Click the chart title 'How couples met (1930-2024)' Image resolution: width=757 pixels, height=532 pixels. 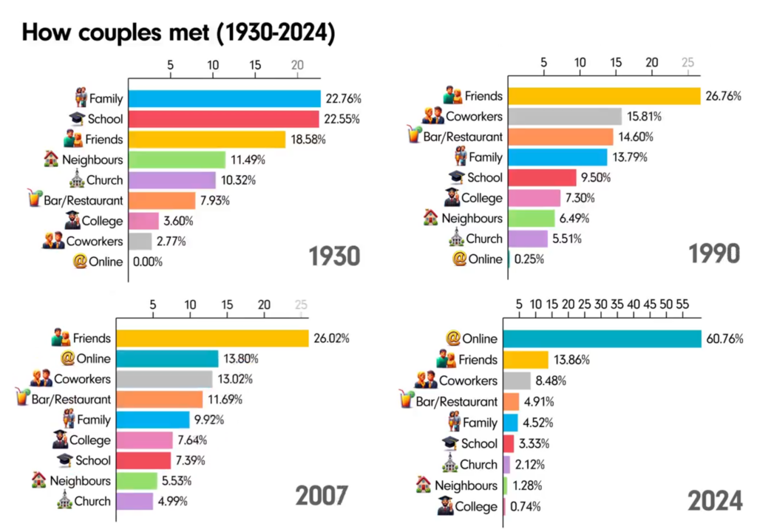click(x=178, y=33)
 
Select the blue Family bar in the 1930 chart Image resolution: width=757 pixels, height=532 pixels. click(x=225, y=98)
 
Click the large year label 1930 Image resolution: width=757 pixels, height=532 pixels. click(x=333, y=256)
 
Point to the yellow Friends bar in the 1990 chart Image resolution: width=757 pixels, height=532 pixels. click(x=604, y=96)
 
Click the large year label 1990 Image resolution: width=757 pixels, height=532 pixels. click(x=714, y=253)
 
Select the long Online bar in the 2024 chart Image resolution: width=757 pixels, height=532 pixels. click(x=602, y=338)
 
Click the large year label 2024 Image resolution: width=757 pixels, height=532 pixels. click(x=715, y=502)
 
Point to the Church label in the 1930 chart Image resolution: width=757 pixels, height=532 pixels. click(x=104, y=180)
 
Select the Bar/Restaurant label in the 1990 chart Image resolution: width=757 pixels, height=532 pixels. click(x=463, y=137)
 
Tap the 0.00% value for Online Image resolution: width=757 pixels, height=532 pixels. click(x=148, y=262)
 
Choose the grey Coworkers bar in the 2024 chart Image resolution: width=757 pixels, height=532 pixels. click(x=517, y=381)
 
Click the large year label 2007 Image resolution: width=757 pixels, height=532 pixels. click(x=322, y=496)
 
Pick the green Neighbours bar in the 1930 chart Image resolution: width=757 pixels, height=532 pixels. click(x=177, y=160)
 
